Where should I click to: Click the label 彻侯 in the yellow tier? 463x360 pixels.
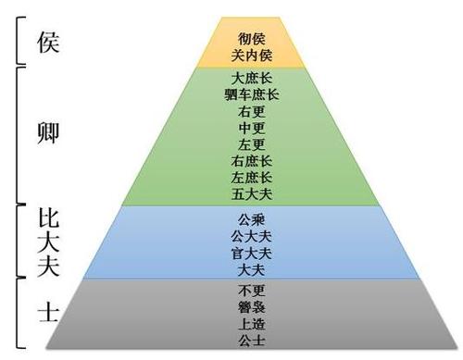250,40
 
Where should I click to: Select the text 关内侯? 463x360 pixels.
250,55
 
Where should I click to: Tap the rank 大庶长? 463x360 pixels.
250,78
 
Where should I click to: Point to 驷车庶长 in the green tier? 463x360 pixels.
250,94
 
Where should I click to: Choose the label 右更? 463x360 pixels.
250,111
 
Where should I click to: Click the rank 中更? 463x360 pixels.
250,128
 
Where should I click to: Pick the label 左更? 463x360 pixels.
250,144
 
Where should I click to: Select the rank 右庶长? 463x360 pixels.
250,161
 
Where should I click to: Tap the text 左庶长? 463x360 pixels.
250,178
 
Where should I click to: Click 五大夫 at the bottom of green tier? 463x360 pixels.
250,194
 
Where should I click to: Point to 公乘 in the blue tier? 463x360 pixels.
250,219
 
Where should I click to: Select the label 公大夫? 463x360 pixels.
250,236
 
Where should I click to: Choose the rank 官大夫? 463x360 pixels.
250,253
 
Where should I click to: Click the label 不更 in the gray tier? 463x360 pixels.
250,290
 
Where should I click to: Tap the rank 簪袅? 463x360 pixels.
250,306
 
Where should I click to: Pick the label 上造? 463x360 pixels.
250,323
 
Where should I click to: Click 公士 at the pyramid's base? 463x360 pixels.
250,340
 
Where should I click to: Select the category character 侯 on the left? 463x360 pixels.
48,43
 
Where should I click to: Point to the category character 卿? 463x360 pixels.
48,132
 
